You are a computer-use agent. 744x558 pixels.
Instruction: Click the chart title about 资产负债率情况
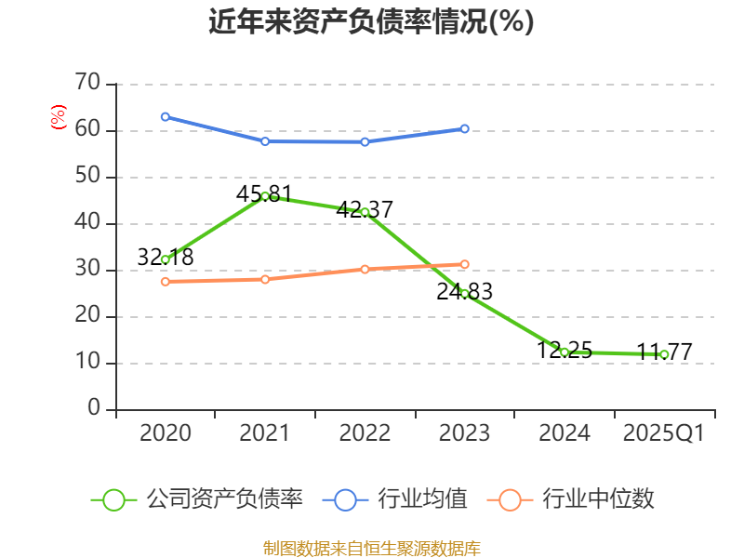[372, 21]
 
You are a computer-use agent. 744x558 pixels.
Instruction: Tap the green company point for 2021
[265, 196]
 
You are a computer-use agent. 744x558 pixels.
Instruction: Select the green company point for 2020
[165, 259]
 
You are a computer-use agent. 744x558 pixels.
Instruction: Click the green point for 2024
[564, 352]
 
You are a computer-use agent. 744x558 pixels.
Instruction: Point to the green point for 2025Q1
[664, 354]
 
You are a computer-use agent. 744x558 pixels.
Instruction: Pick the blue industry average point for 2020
[165, 117]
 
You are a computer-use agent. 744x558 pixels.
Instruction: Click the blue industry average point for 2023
[465, 128]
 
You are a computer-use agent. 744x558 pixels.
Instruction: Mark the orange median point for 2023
[465, 264]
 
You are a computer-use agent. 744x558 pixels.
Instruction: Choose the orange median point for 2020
[165, 281]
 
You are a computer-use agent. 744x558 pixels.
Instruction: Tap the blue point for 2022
[365, 141]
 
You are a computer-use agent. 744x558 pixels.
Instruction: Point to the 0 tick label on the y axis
[94, 409]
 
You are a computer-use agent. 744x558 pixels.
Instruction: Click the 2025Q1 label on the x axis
[664, 433]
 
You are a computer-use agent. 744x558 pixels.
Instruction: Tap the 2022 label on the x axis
[365, 433]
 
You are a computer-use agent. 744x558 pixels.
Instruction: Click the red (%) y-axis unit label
[58, 117]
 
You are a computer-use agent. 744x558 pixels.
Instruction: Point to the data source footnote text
[372, 548]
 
